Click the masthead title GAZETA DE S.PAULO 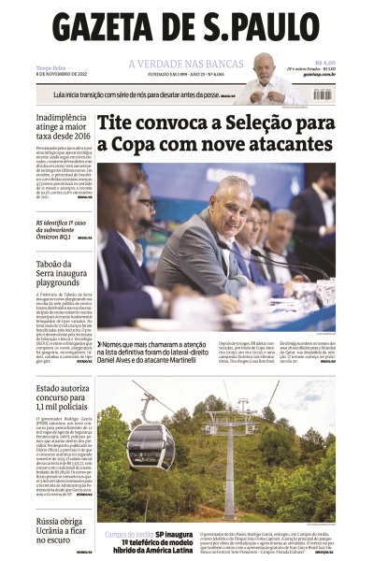point(187,25)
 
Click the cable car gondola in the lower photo point(151,444)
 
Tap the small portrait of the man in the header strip point(264,77)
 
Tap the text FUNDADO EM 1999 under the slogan point(167,75)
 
